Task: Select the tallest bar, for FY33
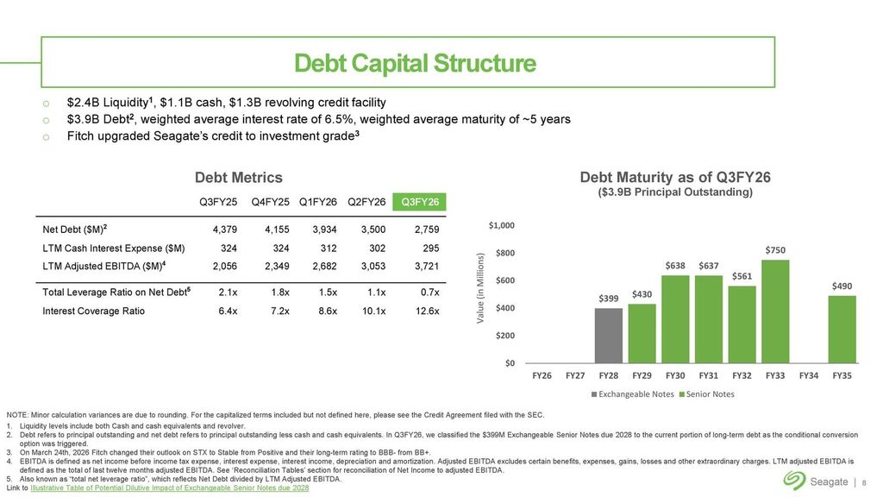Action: pyautogui.click(x=775, y=311)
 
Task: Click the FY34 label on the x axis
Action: pyautogui.click(x=809, y=375)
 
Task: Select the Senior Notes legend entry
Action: pyautogui.click(x=709, y=394)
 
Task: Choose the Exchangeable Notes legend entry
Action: pyautogui.click(x=634, y=394)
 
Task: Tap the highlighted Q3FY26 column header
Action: pyautogui.click(x=419, y=202)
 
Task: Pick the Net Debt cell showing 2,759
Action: pyautogui.click(x=427, y=230)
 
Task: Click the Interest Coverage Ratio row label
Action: pyautogui.click(x=93, y=311)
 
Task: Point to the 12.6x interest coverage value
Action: pyautogui.click(x=426, y=311)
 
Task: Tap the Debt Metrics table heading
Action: pyautogui.click(x=239, y=177)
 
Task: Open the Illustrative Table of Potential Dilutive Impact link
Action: pyautogui.click(x=169, y=489)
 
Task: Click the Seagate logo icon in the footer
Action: pyautogui.click(x=794, y=481)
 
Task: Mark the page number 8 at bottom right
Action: pyautogui.click(x=865, y=481)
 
